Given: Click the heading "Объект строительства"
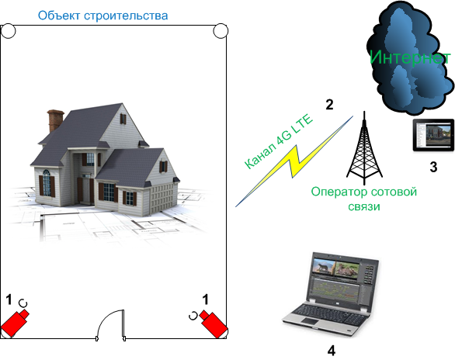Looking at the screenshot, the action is [x=102, y=16].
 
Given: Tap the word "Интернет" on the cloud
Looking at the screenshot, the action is [x=410, y=57].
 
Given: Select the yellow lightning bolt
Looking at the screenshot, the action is [x=293, y=161].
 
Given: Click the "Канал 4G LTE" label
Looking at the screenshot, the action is [x=279, y=142].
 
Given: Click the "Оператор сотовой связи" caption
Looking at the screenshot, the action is [x=364, y=199].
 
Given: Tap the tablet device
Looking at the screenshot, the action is [x=433, y=135].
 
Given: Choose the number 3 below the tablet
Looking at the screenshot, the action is [x=433, y=168].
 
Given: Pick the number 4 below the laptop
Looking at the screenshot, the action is [x=332, y=351].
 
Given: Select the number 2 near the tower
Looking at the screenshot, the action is [x=329, y=105].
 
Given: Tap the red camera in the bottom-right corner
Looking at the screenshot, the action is [x=214, y=324].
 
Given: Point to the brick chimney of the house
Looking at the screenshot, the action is [x=54, y=120].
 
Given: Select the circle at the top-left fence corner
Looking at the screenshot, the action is [x=8, y=31].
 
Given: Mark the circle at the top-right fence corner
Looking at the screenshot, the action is [x=221, y=31].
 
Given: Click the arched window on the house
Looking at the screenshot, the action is [x=47, y=182].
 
